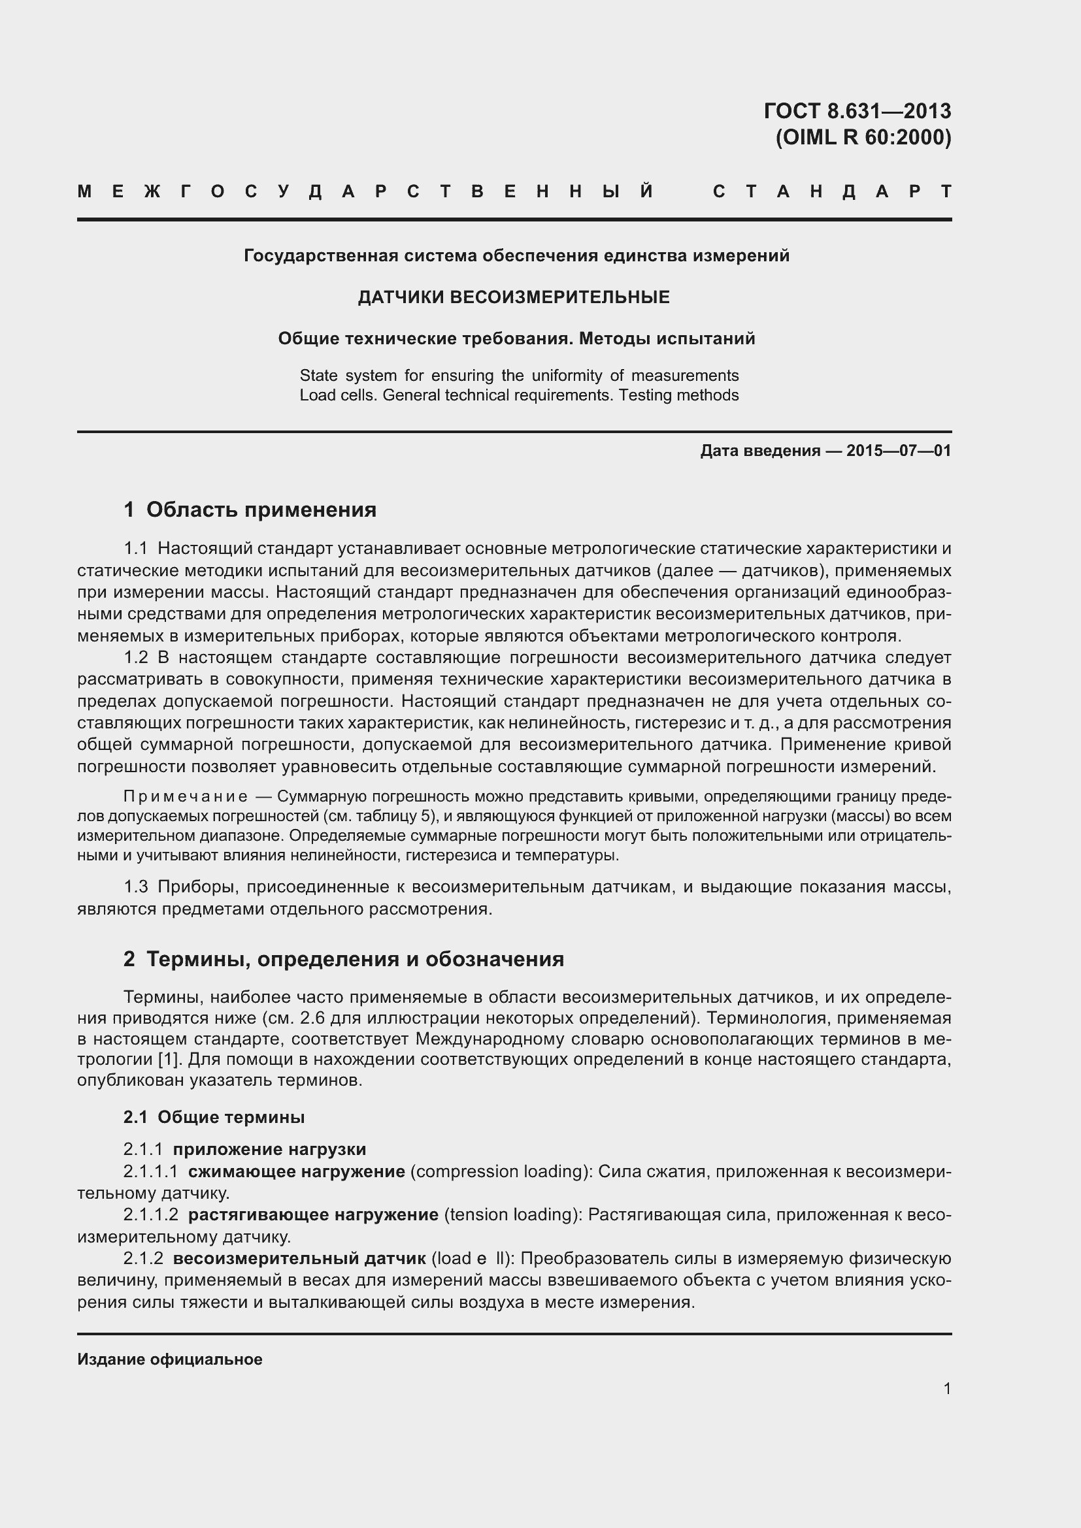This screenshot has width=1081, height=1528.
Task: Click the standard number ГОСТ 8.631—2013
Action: (857, 110)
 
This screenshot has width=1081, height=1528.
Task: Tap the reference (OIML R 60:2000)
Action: (863, 137)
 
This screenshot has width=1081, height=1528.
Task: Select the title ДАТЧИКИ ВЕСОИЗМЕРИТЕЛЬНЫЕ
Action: (513, 297)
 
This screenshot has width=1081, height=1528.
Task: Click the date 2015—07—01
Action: (899, 451)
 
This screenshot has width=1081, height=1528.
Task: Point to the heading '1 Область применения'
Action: (250, 510)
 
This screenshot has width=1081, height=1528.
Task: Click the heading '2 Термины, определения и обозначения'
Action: (344, 959)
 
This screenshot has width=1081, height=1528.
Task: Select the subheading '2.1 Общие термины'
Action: (214, 1116)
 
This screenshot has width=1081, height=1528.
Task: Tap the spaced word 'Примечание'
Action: (186, 796)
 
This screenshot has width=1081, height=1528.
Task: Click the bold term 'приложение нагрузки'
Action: (269, 1149)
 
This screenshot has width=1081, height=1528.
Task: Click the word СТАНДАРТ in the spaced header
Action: (832, 192)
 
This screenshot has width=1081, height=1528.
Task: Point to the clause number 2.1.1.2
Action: (150, 1214)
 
